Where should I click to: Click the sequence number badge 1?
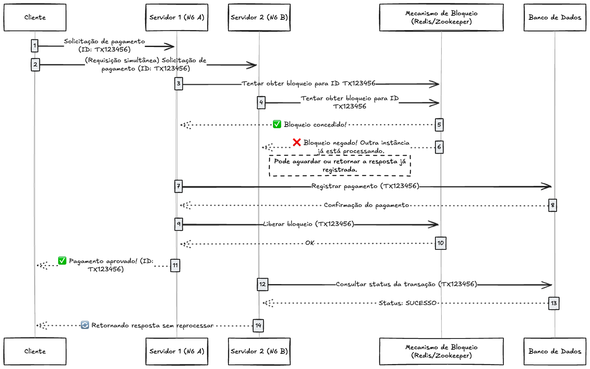35,46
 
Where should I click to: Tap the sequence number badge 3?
179,84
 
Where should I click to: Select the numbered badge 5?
439,125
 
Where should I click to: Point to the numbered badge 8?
552,205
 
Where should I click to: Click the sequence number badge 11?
175,266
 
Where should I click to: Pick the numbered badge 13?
554,303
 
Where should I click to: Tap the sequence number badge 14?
258,326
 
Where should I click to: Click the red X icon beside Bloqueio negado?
297,142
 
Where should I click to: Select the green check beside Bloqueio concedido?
277,124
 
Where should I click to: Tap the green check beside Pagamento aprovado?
62,261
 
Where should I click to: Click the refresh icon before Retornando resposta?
85,325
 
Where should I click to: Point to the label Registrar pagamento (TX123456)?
365,186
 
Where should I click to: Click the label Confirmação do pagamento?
366,205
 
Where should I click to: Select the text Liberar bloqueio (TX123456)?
308,224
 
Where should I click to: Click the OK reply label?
310,243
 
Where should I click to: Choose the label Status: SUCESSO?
407,303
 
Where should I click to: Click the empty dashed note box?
340,166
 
